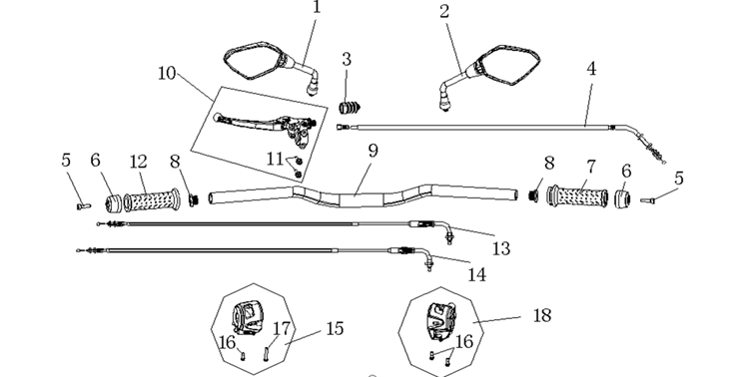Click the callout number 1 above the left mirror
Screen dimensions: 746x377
317,7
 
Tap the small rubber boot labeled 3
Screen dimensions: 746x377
350,108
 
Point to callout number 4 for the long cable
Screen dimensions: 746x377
591,69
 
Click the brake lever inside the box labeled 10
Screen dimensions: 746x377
264,127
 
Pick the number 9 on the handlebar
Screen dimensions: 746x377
373,151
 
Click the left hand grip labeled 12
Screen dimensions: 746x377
152,200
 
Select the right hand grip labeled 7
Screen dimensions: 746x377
577,196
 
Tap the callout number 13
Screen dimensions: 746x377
501,248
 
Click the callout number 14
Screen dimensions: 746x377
477,275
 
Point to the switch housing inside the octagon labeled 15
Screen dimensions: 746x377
248,317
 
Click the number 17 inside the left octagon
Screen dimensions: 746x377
282,328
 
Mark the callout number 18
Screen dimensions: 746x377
542,315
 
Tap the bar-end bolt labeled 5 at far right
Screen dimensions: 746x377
647,201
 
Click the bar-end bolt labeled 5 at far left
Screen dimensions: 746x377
84,205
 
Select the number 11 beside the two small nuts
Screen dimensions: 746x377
275,159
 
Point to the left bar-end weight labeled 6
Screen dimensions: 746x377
113,203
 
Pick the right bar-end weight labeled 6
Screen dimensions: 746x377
623,198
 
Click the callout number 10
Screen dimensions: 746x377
167,73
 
